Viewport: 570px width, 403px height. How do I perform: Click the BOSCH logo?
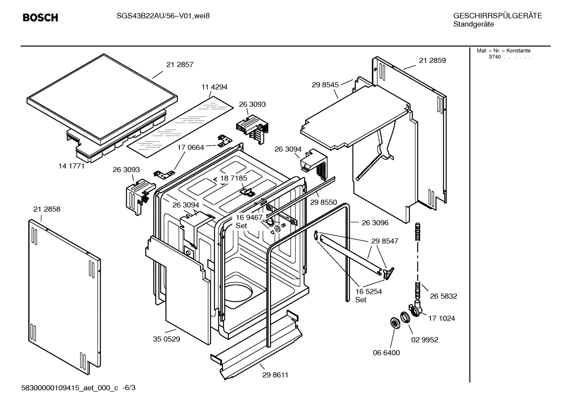coord(40,18)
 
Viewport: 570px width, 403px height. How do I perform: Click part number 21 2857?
coord(179,64)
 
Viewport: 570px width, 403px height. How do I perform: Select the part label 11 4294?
coord(214,87)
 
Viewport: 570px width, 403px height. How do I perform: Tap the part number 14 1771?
coord(72,166)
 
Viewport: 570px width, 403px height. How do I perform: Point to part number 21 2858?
coord(47,209)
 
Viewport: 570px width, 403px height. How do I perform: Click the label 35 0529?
coord(166,339)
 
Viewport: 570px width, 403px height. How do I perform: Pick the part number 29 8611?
coord(275,375)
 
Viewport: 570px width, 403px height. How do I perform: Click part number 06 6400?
coord(386,353)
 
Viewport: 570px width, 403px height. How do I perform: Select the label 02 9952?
coord(425,340)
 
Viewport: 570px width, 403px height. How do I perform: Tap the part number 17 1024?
coord(442,318)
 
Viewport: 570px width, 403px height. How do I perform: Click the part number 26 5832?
coord(444,296)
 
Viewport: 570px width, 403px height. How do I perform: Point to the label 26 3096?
coord(375,223)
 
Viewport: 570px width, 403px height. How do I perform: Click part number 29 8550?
coord(323,202)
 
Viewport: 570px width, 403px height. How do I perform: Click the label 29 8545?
coord(325,85)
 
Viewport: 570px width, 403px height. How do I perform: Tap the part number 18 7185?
coord(234,178)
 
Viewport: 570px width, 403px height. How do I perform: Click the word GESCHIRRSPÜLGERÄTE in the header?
coord(497,16)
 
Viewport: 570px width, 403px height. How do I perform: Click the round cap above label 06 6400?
coord(394,323)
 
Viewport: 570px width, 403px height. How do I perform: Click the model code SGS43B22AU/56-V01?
coord(152,16)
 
